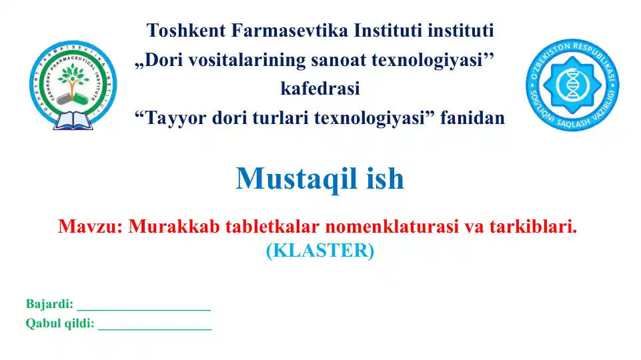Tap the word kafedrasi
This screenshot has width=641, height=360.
tap(320, 89)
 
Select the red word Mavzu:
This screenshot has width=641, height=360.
tap(90, 227)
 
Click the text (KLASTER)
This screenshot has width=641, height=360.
tap(320, 251)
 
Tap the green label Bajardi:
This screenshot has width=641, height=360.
tap(49, 305)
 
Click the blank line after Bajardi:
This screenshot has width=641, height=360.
tap(143, 309)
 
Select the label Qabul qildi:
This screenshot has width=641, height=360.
tap(60, 324)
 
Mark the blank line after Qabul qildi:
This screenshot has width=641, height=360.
tap(155, 328)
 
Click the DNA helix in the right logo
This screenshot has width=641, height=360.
tap(573, 83)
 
